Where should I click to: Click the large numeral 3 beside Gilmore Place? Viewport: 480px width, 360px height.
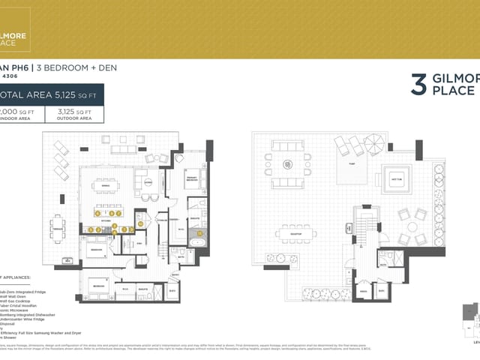(418, 84)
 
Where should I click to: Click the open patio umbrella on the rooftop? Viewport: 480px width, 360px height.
(373, 141)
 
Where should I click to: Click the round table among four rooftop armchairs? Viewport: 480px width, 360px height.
(412, 226)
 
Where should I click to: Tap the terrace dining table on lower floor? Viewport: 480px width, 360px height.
(58, 226)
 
